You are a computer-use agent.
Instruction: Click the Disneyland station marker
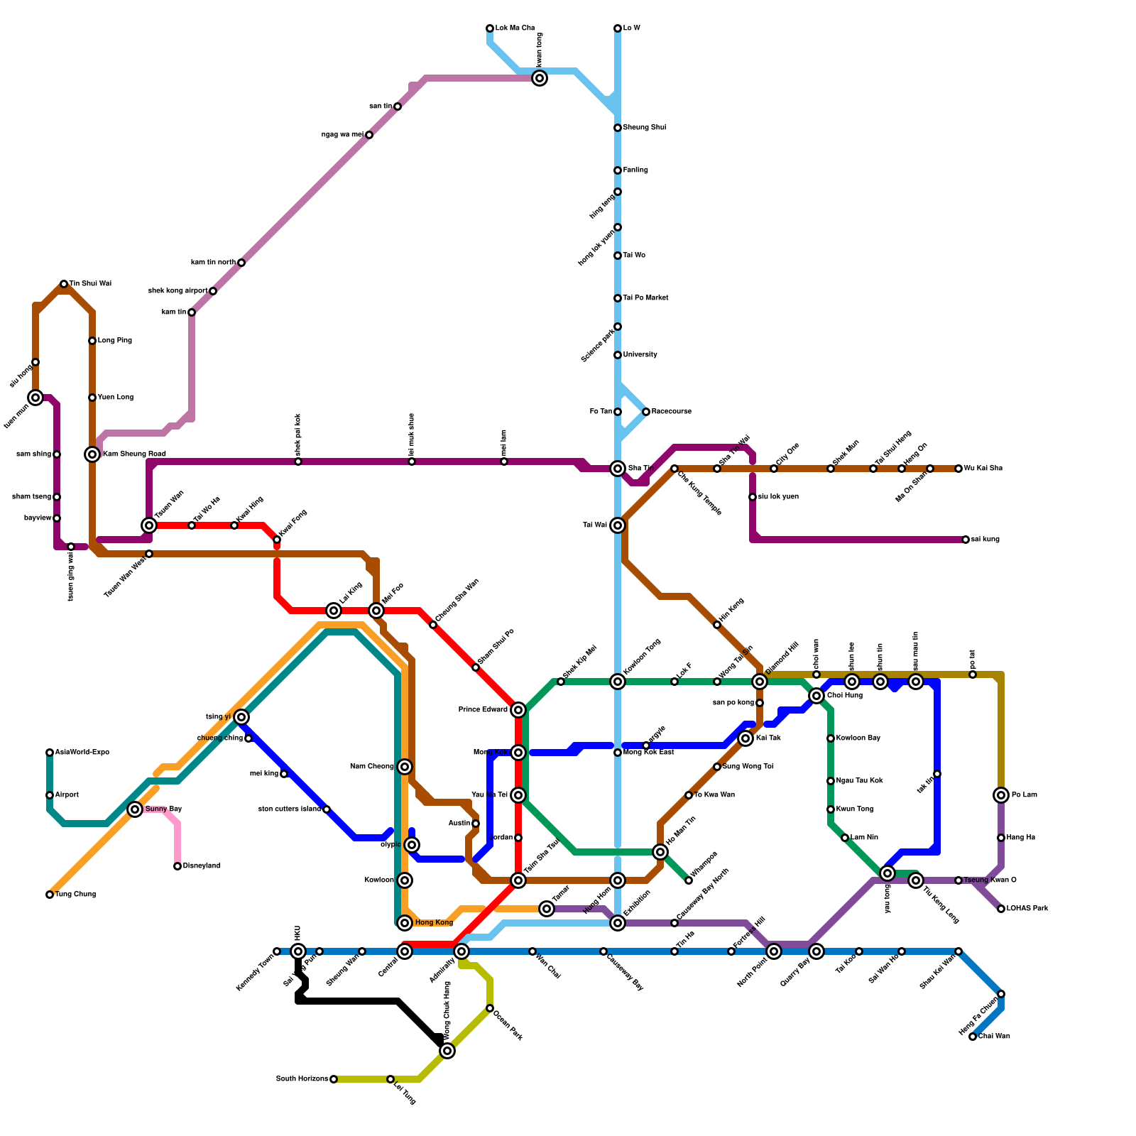pos(177,866)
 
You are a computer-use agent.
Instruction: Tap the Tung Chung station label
pos(75,895)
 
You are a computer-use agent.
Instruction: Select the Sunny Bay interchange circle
pos(135,809)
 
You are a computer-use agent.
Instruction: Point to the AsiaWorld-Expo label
pos(82,753)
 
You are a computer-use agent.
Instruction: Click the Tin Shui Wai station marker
pos(64,284)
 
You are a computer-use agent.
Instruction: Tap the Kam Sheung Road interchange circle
pos(92,454)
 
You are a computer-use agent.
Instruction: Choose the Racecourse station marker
pos(646,412)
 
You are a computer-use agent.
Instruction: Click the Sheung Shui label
pos(645,128)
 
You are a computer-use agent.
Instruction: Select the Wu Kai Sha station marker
pos(958,469)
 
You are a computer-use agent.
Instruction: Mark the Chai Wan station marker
pos(973,1037)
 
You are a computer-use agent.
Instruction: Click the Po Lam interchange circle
pos(1001,795)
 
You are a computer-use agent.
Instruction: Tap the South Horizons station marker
pos(334,1079)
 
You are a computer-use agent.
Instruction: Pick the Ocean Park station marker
pos(490,1008)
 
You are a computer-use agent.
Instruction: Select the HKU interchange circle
pos(298,951)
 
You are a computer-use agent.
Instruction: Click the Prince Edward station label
pos(483,710)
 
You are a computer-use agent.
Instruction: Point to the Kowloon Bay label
pos(858,738)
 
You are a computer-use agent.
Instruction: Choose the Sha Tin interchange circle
pos(618,469)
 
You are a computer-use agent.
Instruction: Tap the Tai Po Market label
pos(645,298)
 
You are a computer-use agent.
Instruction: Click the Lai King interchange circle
pos(334,611)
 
